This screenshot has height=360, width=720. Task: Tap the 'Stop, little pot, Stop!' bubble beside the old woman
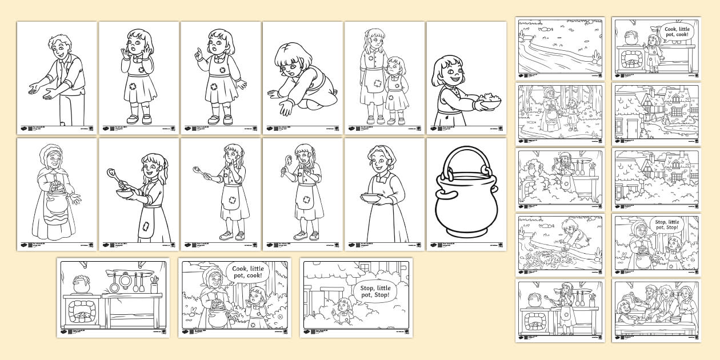(667, 224)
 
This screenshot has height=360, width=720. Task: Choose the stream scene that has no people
(560, 46)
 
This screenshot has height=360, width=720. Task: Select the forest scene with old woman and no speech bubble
(560, 111)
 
